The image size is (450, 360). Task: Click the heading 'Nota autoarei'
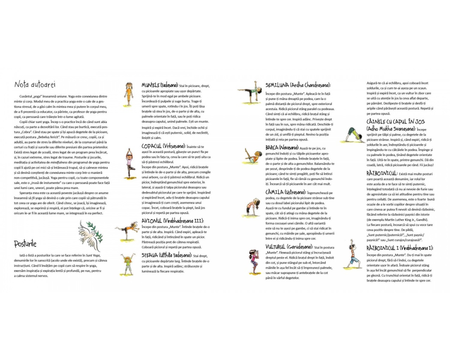(35, 84)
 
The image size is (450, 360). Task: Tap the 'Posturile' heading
(25, 244)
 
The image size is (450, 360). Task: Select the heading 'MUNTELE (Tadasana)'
(160, 85)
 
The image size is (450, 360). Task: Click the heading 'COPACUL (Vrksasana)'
(163, 146)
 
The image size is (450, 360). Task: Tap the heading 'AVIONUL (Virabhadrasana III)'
(172, 221)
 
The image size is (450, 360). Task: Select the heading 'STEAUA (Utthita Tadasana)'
(166, 255)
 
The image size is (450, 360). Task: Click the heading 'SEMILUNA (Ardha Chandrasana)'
(298, 85)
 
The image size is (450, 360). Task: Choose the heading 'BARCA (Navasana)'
(282, 148)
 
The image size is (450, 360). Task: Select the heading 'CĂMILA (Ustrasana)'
(285, 192)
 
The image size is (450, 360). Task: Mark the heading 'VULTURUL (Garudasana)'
(289, 247)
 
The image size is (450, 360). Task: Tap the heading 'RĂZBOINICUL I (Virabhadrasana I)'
(400, 248)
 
